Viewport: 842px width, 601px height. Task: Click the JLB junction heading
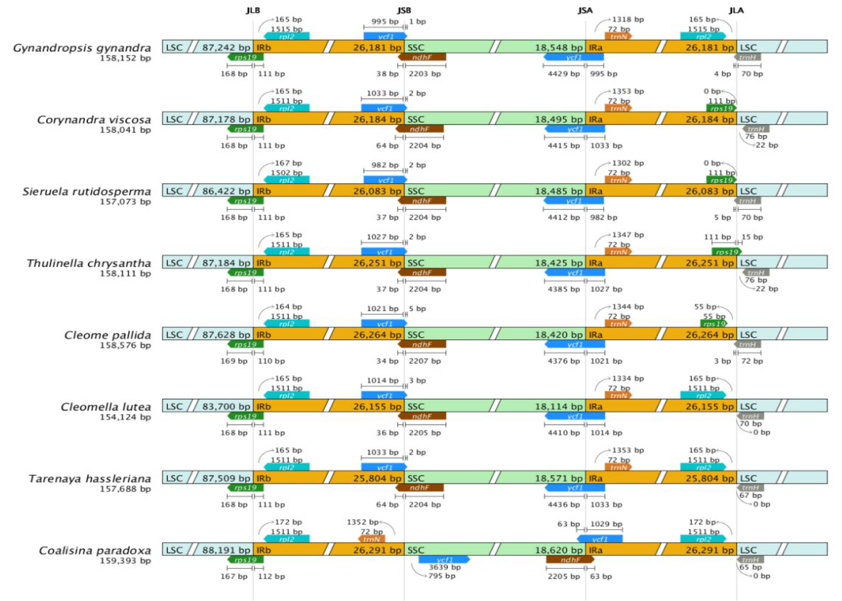253,10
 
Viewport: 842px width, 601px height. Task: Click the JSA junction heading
585,10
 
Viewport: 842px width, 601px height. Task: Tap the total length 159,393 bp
125,561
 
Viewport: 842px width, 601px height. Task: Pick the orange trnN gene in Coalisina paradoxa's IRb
372,539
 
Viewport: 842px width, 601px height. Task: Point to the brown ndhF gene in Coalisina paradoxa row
570,560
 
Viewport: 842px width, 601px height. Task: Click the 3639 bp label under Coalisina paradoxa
445,567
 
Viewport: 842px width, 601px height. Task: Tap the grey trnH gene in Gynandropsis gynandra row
747,57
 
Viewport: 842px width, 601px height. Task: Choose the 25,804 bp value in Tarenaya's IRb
377,479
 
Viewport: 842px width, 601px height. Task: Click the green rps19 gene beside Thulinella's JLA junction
727,252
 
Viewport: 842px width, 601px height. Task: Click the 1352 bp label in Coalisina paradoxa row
362,522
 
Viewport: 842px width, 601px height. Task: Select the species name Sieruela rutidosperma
87,192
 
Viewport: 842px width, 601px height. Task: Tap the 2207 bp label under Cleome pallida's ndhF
425,361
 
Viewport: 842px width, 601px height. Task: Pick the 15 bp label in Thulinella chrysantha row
752,237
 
